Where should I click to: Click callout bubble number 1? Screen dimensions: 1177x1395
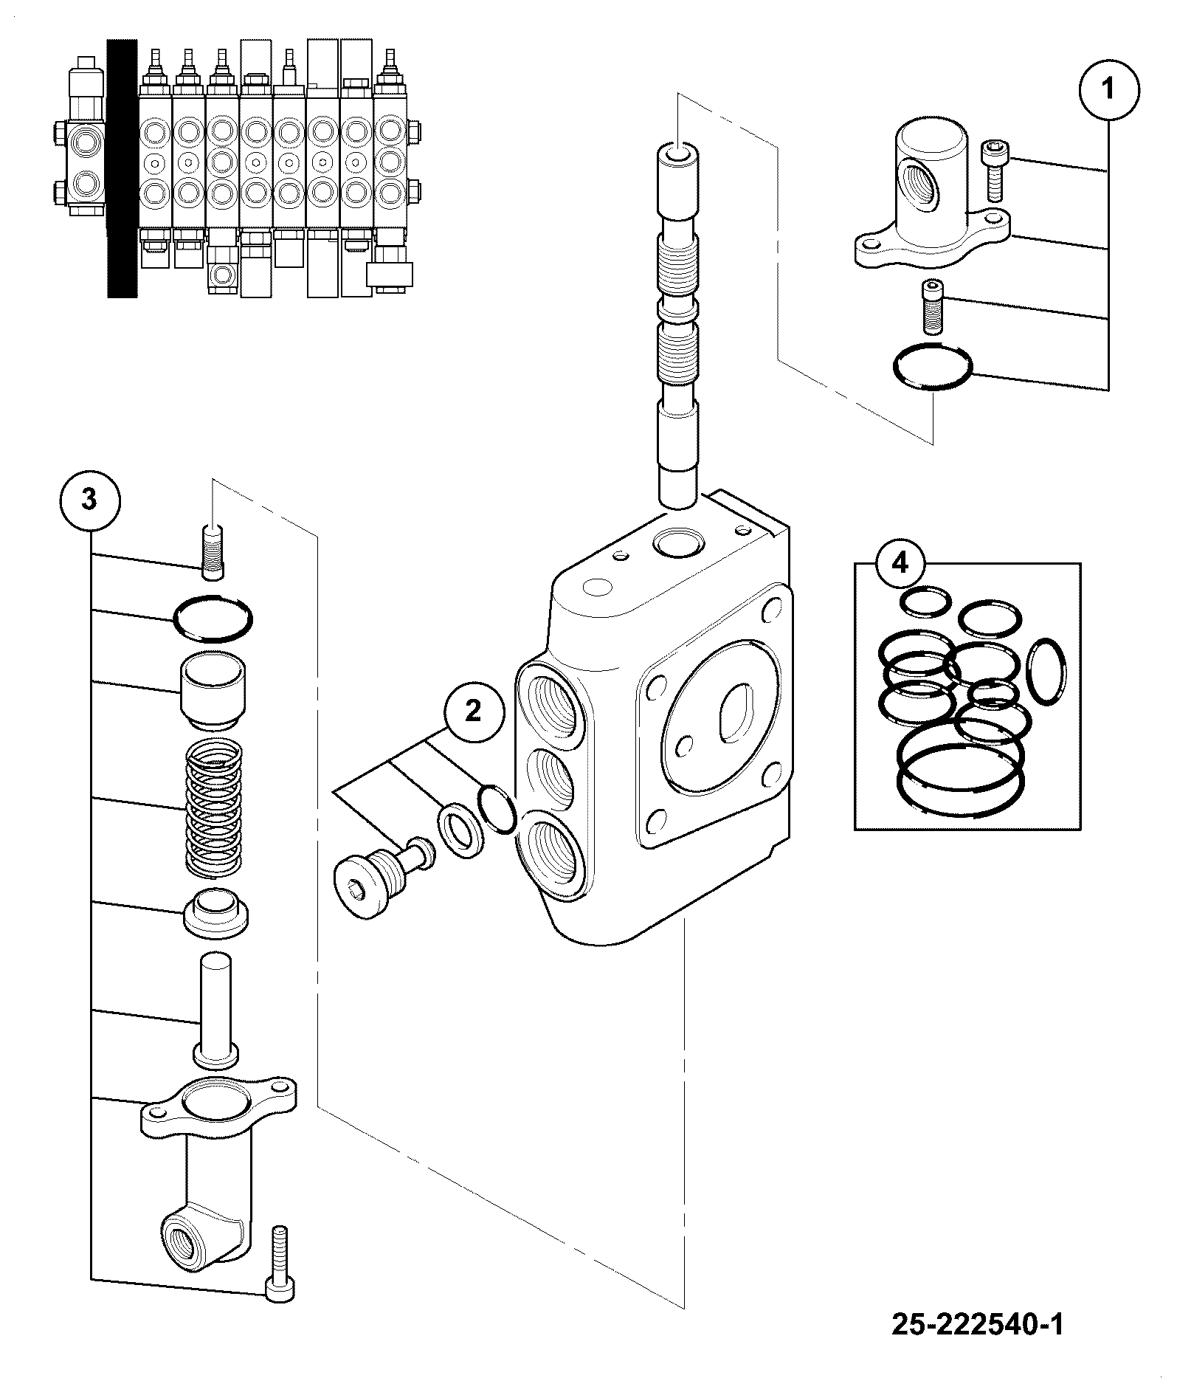(1108, 89)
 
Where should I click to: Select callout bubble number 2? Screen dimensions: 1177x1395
(473, 712)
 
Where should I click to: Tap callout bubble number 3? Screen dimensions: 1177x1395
(89, 500)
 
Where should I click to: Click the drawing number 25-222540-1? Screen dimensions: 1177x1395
(978, 1324)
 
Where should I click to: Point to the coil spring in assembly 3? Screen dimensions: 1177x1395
(215, 808)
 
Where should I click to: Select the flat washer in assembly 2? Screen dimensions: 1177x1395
(461, 832)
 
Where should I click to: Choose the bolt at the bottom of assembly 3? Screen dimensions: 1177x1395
(280, 1274)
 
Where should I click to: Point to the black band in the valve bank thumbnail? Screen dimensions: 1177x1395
(122, 168)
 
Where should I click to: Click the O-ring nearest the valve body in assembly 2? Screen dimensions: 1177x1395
(497, 810)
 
